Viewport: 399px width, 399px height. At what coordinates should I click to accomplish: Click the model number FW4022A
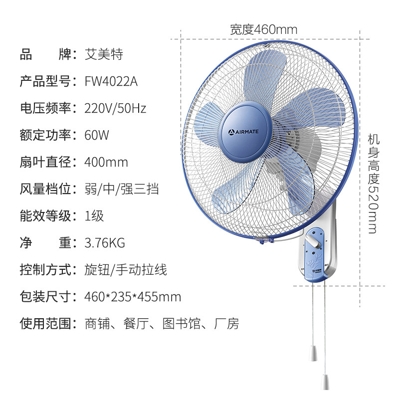click(x=111, y=81)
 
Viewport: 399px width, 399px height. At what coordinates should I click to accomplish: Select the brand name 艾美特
click(x=104, y=54)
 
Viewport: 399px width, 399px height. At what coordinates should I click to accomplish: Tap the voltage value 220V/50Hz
click(x=116, y=108)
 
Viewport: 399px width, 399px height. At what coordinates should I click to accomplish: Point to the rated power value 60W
click(x=97, y=135)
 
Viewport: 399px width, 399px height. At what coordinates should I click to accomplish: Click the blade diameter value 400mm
click(x=107, y=162)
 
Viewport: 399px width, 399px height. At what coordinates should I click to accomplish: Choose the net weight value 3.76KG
click(x=105, y=243)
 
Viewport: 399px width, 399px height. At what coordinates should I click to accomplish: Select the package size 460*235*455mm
click(x=133, y=297)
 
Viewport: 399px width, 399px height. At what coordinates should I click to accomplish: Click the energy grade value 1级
click(x=95, y=216)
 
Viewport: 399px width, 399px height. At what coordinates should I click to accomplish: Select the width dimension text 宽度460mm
click(x=263, y=30)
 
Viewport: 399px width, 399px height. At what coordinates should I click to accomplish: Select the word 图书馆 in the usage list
click(x=182, y=324)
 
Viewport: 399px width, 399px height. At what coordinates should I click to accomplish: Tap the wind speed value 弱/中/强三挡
click(x=122, y=189)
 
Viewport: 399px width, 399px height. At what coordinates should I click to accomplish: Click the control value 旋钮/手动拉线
click(x=126, y=270)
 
